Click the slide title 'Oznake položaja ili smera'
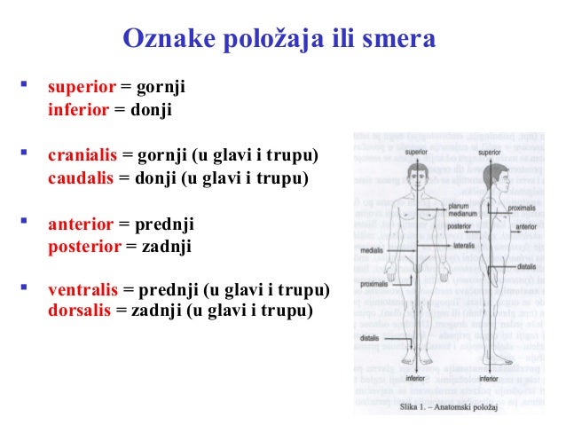pyautogui.click(x=279, y=41)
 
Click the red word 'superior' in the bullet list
pyautogui.click(x=82, y=88)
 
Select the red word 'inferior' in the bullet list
pyautogui.click(x=78, y=111)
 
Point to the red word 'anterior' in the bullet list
pyautogui.click(x=80, y=224)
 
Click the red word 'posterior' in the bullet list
pyautogui.click(x=84, y=246)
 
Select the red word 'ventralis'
pyautogui.click(x=83, y=290)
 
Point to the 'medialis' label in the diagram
pyautogui.click(x=371, y=251)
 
